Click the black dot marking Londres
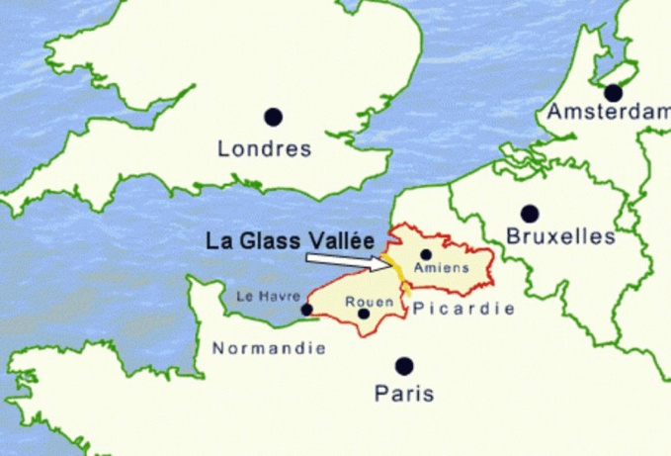(273, 117)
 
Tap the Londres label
(264, 149)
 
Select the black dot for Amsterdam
(614, 93)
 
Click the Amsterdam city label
(608, 112)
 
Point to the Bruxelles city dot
(530, 213)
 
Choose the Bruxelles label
(559, 236)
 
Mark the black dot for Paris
(404, 366)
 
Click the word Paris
(404, 394)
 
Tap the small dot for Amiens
(426, 254)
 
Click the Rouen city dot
(364, 314)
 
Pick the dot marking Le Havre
(307, 309)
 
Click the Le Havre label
(268, 296)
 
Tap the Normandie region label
(269, 348)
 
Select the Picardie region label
(462, 309)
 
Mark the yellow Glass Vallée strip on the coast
(392, 269)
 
